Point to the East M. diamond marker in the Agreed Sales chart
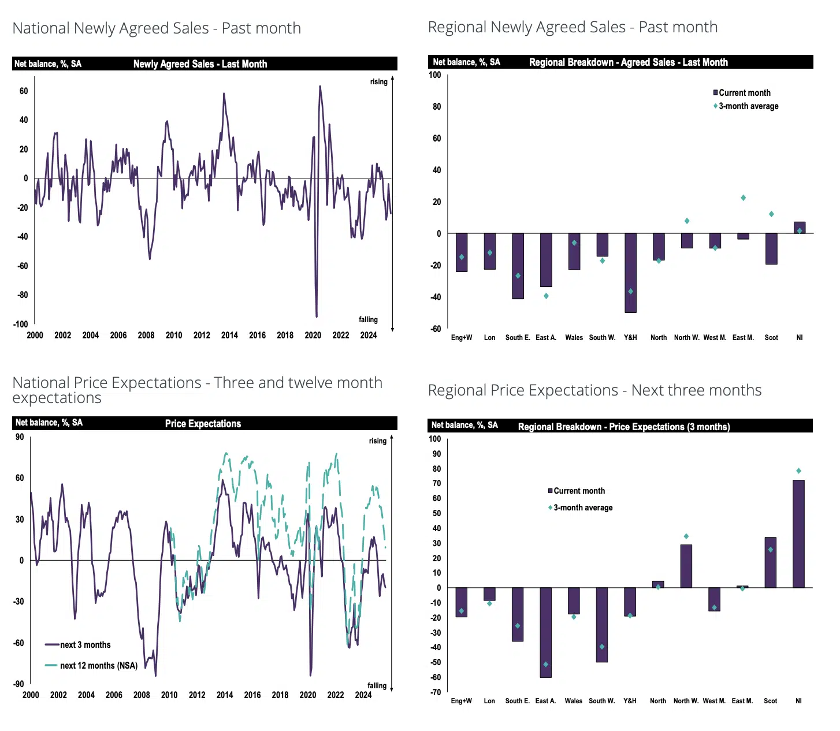tap(743, 198)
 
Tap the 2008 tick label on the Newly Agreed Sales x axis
tap(146, 335)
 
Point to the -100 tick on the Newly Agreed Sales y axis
tap(21, 324)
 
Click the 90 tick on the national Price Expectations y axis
tap(20, 437)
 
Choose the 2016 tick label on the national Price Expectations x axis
tap(252, 695)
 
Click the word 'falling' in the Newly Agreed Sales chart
tap(368, 320)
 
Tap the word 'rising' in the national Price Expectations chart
tap(378, 441)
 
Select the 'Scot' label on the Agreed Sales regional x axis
tap(771, 338)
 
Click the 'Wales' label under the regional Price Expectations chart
tap(574, 701)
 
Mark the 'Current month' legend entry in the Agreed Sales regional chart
tap(744, 93)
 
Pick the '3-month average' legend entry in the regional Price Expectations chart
tap(583, 508)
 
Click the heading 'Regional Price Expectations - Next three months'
tap(594, 391)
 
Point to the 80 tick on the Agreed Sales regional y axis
tap(437, 107)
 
